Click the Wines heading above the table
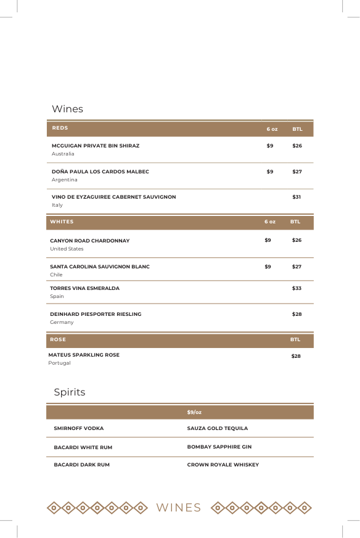pos(67,109)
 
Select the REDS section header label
pos(60,128)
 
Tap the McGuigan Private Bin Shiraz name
pos(96,146)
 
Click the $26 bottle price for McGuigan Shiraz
pos(297,146)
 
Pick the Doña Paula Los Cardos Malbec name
pos(100,172)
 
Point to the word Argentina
pos(65,180)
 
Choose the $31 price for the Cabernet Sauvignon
pos(297,197)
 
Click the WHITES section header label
pos(62,221)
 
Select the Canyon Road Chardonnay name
pos(90,241)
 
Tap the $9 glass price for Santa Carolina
pos(268,267)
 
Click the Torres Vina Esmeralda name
pos(85,288)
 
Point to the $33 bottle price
pos(297,288)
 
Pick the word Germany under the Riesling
pos(62,322)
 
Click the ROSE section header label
pos(58,339)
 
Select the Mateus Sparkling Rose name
pos(84,355)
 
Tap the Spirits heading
pos(70,392)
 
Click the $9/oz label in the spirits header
pos(194,412)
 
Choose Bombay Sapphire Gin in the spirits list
pos(219,447)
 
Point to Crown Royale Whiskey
pos(223,465)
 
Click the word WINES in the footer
pos(179,508)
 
